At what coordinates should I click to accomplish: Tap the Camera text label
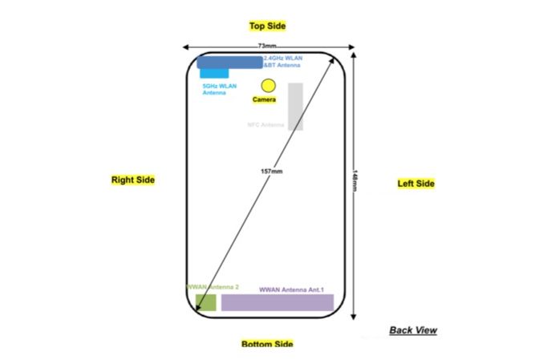[x=265, y=100]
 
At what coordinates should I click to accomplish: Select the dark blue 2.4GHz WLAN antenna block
[x=229, y=63]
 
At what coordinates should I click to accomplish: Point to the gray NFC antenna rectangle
[x=295, y=106]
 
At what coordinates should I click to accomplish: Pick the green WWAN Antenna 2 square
[x=206, y=302]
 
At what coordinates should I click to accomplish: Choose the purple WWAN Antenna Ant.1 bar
[x=277, y=302]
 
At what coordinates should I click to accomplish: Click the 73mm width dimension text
[x=267, y=47]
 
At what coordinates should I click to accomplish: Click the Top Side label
[x=267, y=26]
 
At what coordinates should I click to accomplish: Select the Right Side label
[x=133, y=180]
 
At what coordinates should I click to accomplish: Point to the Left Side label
[x=416, y=184]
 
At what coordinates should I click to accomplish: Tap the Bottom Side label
[x=267, y=345]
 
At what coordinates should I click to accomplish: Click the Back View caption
[x=413, y=330]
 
